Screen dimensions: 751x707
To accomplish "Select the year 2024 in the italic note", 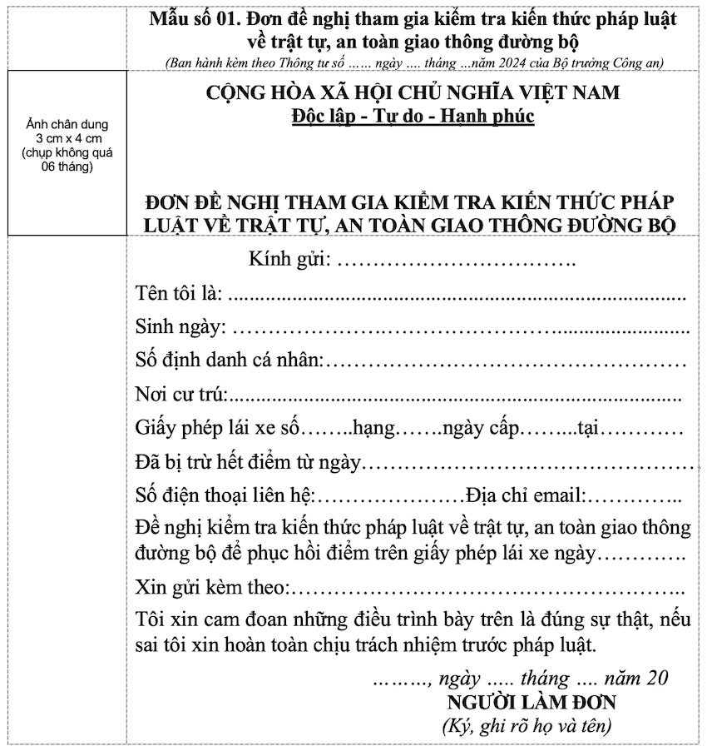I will pyautogui.click(x=514, y=63).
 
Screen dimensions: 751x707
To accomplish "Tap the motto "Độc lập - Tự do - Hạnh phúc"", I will pyautogui.click(x=413, y=116).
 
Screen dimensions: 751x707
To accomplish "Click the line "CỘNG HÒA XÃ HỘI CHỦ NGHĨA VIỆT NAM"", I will pyautogui.click(x=413, y=92).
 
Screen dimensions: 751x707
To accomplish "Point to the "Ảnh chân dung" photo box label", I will pyautogui.click(x=68, y=126).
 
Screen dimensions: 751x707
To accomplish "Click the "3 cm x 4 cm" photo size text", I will pyautogui.click(x=68, y=139).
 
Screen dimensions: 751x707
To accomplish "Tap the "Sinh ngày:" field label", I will pyautogui.click(x=180, y=328).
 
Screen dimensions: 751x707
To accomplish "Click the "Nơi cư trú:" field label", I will pyautogui.click(x=181, y=395).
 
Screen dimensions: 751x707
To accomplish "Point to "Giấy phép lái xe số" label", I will pyautogui.click(x=216, y=429).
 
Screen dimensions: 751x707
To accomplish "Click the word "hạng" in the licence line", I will pyautogui.click(x=373, y=429).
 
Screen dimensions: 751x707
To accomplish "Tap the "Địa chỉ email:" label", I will pyautogui.click(x=526, y=496).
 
